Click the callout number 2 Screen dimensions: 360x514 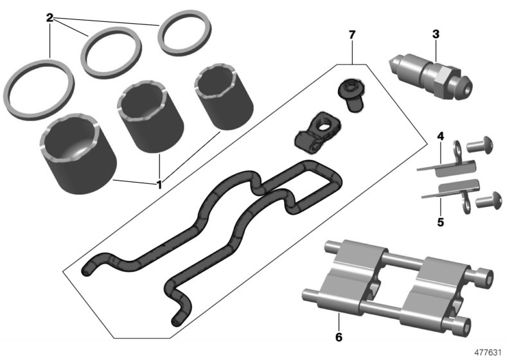pyautogui.click(x=49, y=17)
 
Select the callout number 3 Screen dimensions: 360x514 pyautogui.click(x=436, y=34)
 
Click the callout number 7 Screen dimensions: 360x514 pyautogui.click(x=351, y=34)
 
